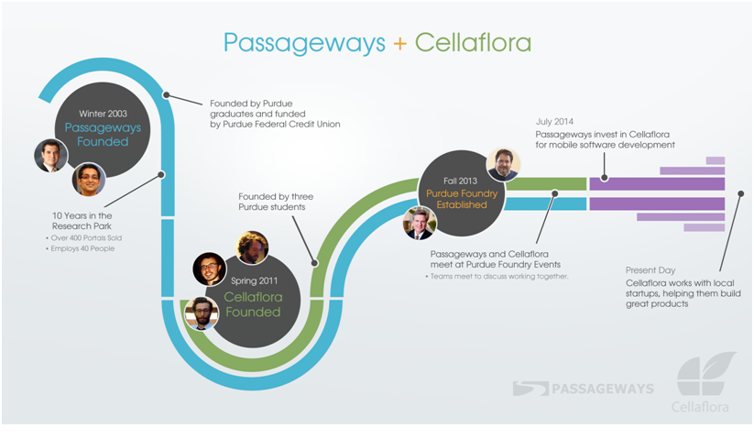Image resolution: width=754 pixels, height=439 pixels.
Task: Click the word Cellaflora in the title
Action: coord(473,43)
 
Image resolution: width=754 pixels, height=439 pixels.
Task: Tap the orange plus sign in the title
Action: coord(399,43)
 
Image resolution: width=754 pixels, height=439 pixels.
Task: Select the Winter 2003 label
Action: coord(103,113)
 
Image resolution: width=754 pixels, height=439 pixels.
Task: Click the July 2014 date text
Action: coord(556,121)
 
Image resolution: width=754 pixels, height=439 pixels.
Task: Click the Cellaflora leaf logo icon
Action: coord(705,374)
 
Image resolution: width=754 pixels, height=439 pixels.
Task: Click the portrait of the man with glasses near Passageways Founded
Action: coord(89,180)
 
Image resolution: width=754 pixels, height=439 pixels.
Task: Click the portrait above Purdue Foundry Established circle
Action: coord(502,164)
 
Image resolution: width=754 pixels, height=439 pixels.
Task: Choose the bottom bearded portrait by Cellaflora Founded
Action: coord(201,313)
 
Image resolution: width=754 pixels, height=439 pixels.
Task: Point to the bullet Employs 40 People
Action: coord(83,248)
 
